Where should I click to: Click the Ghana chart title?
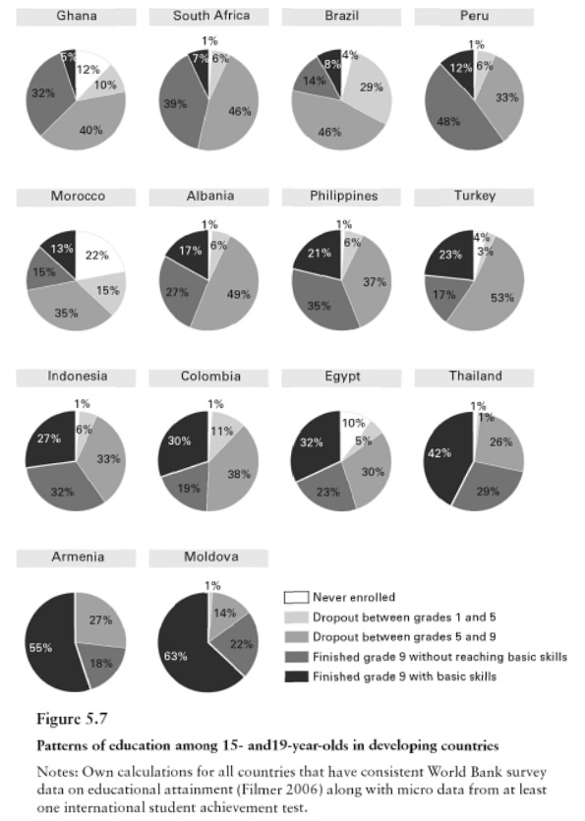click(x=76, y=17)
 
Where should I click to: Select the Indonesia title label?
click(x=77, y=377)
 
